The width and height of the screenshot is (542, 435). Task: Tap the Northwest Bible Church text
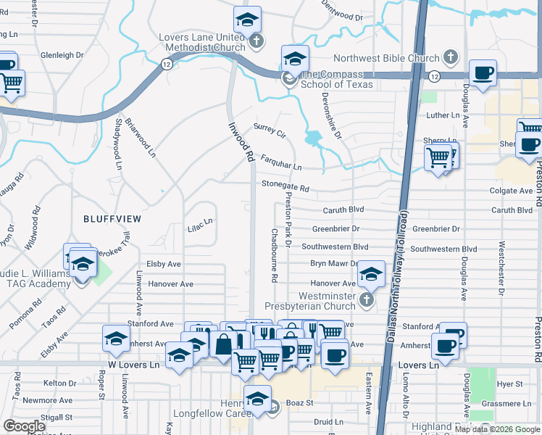point(386,59)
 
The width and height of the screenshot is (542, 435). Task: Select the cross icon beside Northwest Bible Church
point(450,57)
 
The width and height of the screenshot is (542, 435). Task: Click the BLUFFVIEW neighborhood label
point(112,218)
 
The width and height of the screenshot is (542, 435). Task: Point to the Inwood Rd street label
point(240,139)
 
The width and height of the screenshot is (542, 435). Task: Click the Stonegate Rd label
point(285,186)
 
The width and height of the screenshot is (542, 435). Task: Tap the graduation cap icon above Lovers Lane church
point(247,20)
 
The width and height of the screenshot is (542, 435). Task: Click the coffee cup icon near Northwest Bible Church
point(483,72)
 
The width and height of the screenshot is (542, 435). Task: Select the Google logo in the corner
point(24,426)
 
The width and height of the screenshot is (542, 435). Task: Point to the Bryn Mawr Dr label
point(334,265)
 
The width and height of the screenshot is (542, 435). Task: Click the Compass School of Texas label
point(336,79)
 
